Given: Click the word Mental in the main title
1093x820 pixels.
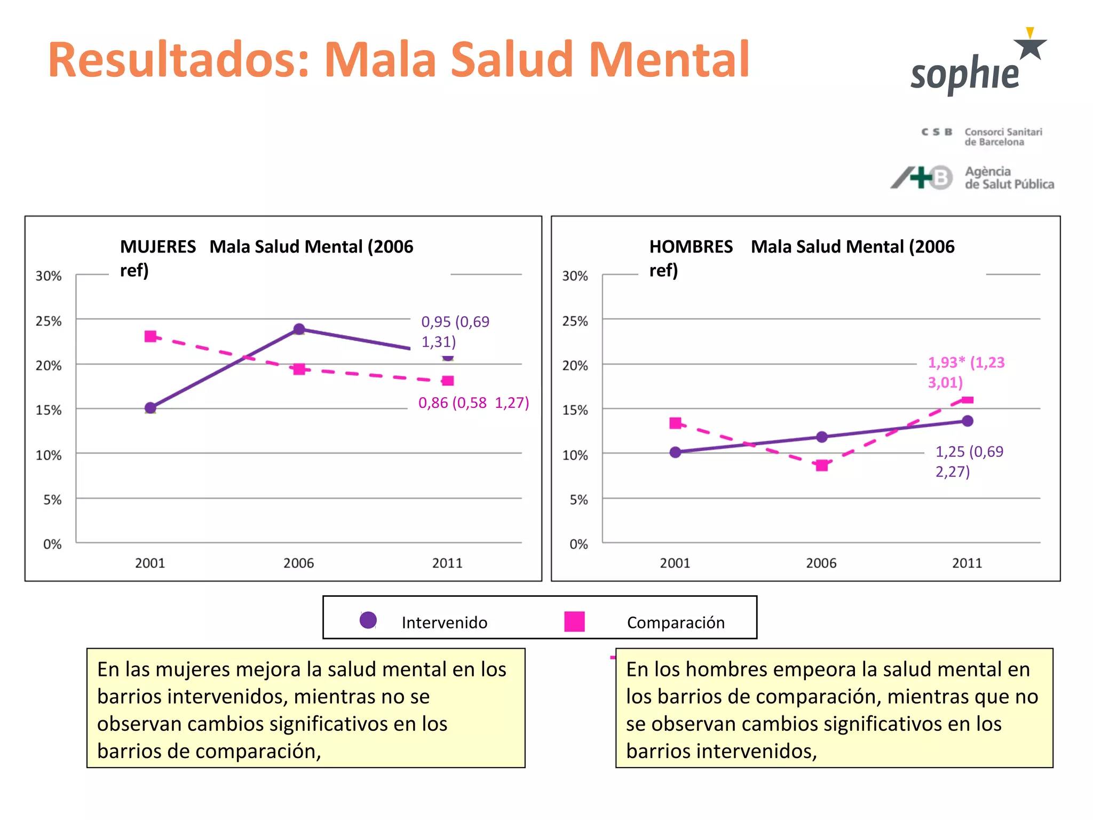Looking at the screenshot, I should point(669,60).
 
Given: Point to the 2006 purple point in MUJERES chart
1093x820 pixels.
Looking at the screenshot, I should point(299,329).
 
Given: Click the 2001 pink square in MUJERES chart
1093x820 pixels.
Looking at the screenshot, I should point(151,336).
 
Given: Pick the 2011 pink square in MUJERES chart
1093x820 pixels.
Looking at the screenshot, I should point(448,381).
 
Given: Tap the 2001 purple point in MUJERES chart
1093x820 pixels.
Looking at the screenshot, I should point(151,408).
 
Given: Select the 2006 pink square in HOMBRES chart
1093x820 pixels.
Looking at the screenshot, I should point(822,466).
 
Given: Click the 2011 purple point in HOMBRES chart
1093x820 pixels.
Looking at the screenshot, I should point(968,421).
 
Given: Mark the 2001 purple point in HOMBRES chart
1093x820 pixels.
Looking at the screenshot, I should point(675,452).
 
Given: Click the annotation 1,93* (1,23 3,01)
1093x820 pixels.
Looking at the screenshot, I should point(965,372).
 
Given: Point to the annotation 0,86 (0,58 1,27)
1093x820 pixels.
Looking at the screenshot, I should point(473,403).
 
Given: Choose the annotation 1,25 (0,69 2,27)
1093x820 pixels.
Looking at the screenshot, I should point(969,461).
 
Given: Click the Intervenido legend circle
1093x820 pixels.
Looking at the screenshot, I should point(368,620).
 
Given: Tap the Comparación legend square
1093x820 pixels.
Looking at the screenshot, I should point(574,621).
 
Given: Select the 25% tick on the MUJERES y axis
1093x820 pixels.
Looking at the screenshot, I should point(49,321).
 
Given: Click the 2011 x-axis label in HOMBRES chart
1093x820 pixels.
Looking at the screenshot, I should point(967,563).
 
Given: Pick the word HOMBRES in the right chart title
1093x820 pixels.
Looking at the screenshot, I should point(691,247).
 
